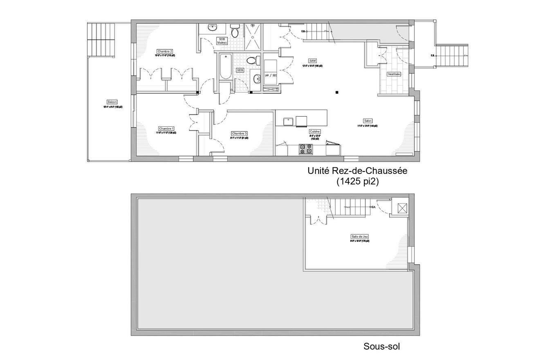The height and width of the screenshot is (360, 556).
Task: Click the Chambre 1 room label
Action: tap(166, 128)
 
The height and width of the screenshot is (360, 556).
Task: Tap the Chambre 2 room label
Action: tap(165, 52)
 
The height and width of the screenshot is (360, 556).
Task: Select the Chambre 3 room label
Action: tap(239, 133)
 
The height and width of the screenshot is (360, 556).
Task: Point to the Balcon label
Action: tap(112, 102)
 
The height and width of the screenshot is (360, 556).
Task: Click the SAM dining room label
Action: tap(313, 61)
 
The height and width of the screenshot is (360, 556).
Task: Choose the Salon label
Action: tap(368, 121)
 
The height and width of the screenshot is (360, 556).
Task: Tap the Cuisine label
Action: tap(314, 131)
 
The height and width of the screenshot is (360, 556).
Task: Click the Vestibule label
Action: tap(394, 74)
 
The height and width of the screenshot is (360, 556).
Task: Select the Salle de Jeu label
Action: tap(359, 236)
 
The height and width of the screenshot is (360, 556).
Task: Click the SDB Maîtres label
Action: tap(222, 40)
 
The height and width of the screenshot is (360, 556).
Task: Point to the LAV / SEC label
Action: tap(271, 75)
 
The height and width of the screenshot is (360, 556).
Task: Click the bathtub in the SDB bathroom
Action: tap(225, 67)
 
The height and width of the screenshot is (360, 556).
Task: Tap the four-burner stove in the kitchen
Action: tap(305, 149)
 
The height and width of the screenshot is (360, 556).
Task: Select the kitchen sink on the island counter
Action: tap(288, 121)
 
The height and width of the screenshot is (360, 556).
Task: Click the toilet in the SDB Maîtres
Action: tap(235, 30)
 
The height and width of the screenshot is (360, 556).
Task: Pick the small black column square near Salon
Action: tap(337, 92)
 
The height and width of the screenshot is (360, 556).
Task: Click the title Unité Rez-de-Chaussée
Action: tap(357, 171)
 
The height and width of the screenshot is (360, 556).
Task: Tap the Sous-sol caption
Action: tap(381, 346)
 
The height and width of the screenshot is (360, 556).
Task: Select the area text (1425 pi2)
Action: tap(357, 182)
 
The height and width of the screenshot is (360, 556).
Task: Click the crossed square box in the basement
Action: tap(402, 208)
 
